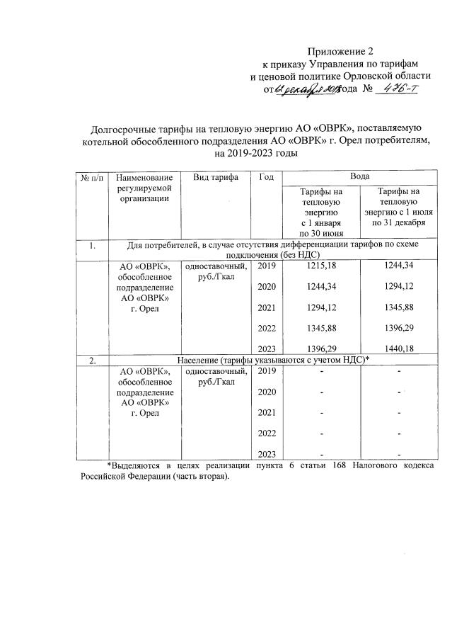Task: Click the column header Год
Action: [x=266, y=177]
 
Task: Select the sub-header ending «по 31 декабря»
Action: [x=396, y=207]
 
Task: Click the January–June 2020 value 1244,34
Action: [x=321, y=286]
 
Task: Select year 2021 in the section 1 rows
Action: [x=266, y=307]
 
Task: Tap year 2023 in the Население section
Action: [x=266, y=454]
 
